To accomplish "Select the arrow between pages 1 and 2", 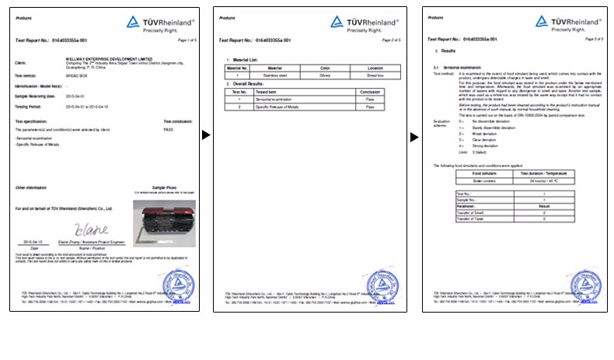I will (x=206, y=135).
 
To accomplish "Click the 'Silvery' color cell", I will (x=326, y=76).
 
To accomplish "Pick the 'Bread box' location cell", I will (x=376, y=76).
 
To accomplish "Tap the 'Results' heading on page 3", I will (x=449, y=51).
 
